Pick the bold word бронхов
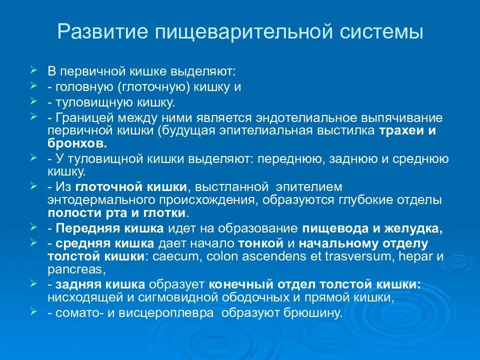click(77, 143)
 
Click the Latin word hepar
click(415, 257)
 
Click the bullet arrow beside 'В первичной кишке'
click(33, 67)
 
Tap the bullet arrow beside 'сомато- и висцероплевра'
click(33, 311)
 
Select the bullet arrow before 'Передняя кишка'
click(33, 226)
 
